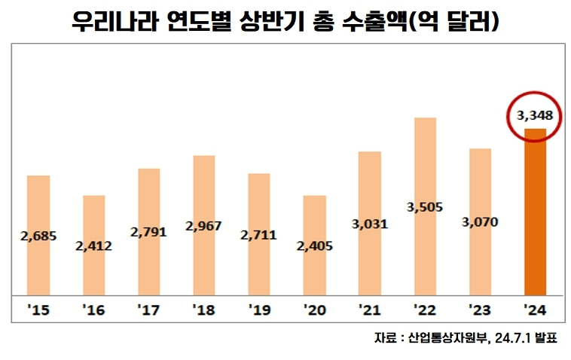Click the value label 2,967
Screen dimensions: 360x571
click(x=204, y=226)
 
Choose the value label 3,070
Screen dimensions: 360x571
click(x=480, y=222)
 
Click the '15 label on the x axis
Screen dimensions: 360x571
click(x=38, y=309)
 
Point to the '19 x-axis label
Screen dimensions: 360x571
click(x=259, y=309)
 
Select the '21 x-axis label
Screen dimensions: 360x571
click(x=369, y=309)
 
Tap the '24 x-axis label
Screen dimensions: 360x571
click(x=535, y=309)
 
